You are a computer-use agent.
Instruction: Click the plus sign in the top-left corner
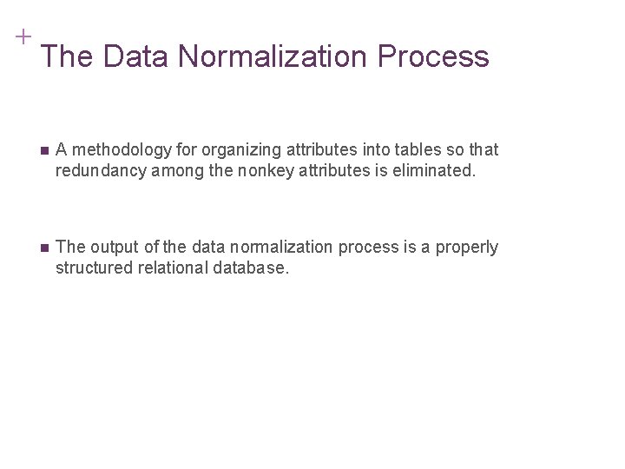23,36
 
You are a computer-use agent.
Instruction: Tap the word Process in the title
433,56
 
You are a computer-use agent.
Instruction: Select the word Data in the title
138,56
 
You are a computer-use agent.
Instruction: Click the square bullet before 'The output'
45,248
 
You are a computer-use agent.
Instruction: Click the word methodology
115,150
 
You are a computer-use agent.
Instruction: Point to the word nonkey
266,170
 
